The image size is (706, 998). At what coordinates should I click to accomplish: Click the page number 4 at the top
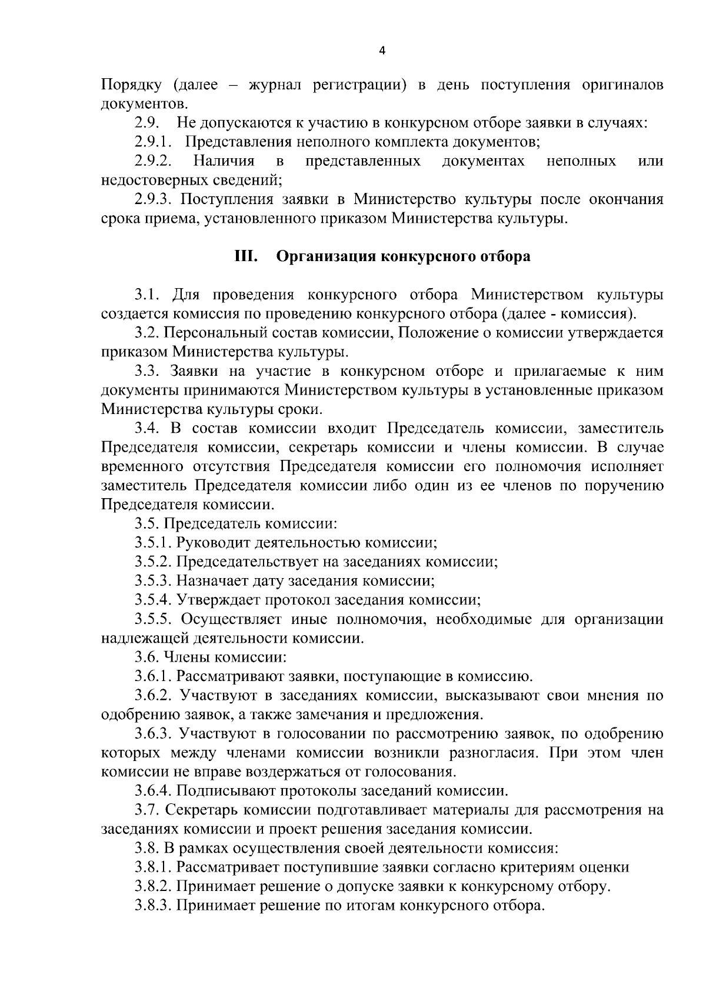click(382, 51)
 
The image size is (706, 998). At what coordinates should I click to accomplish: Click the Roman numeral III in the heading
click(244, 256)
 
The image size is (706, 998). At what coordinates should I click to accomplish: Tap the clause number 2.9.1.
click(153, 142)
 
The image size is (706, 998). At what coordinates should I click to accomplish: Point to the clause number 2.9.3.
click(153, 199)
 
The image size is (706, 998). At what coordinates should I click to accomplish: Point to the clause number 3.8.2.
click(153, 886)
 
